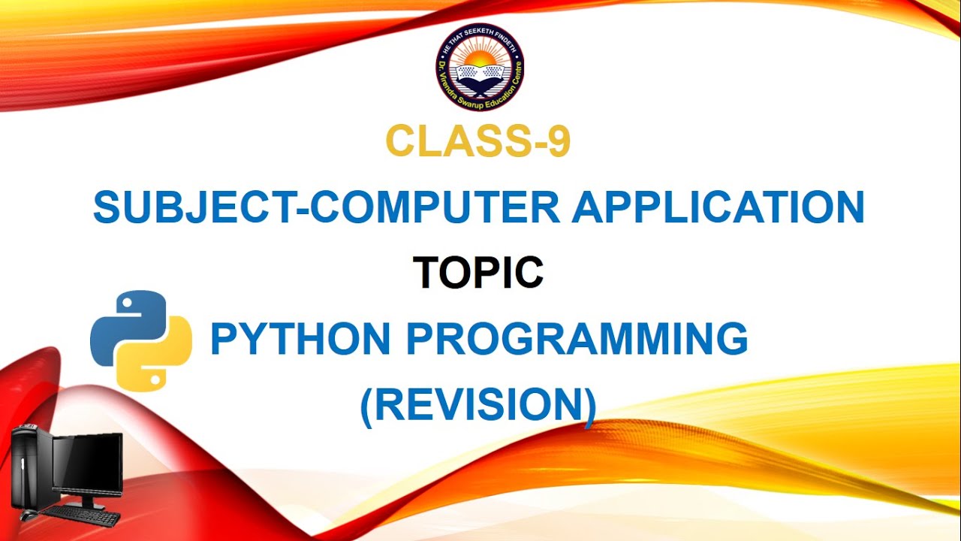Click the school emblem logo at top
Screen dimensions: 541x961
[x=480, y=68]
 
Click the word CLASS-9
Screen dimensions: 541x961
[x=478, y=142]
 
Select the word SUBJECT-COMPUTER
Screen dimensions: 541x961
[x=326, y=207]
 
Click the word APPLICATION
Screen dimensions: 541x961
[x=718, y=207]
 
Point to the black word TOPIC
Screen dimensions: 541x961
[x=478, y=272]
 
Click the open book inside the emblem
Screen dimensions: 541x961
[x=480, y=74]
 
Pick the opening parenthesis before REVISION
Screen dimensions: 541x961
[x=367, y=405]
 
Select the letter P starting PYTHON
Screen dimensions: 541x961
[x=223, y=339]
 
